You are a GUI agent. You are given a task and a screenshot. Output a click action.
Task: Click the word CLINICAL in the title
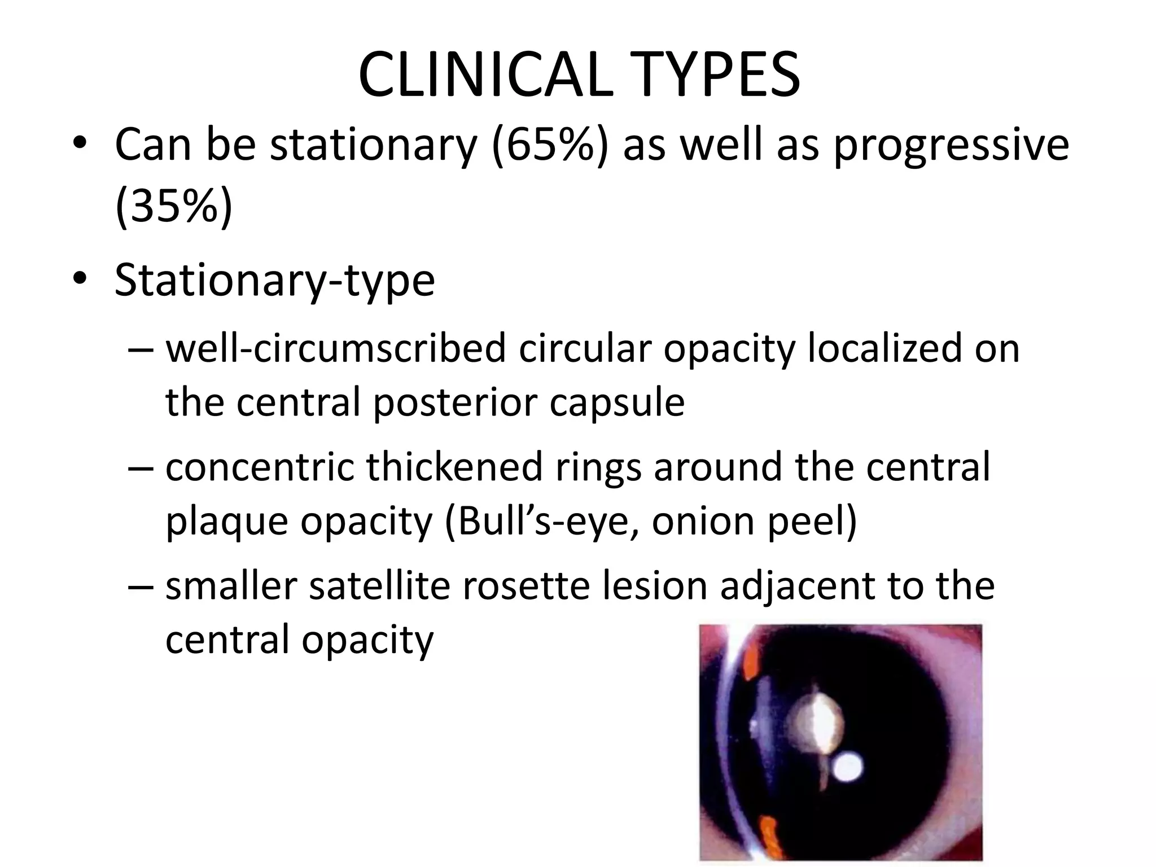click(x=485, y=75)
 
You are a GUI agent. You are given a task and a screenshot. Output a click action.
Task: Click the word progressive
click(x=951, y=146)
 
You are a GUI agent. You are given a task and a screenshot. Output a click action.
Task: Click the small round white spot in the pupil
click(x=848, y=768)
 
